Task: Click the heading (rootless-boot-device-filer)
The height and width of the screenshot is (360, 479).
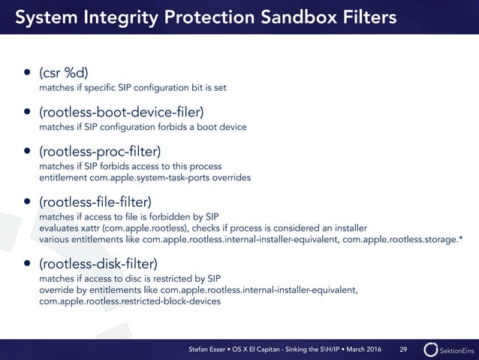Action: (122, 113)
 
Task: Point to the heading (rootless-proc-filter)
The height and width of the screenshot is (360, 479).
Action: (102, 152)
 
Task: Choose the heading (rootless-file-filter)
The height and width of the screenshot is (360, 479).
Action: (95, 202)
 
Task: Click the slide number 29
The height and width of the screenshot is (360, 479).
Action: (403, 349)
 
